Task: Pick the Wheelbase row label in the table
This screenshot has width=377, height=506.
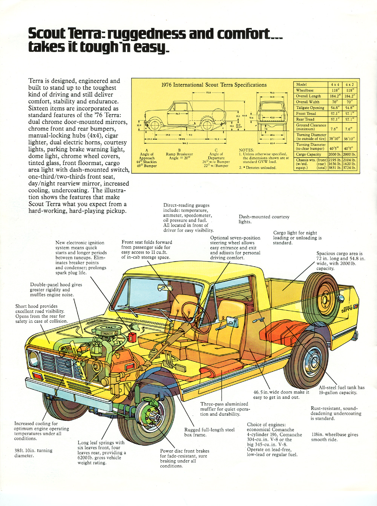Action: point(305,90)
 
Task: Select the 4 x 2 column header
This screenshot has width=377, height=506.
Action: point(349,85)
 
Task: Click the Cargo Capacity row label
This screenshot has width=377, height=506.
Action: point(308,154)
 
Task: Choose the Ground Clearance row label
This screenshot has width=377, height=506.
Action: point(311,127)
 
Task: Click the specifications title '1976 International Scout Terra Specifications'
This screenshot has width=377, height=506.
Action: point(214,85)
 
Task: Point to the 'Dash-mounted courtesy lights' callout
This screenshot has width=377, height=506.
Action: point(264,219)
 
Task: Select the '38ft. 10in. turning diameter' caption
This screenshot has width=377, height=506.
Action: point(34,453)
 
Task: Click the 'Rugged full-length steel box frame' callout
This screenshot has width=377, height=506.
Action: point(209,432)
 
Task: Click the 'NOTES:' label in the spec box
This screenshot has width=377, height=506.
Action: point(246,150)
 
